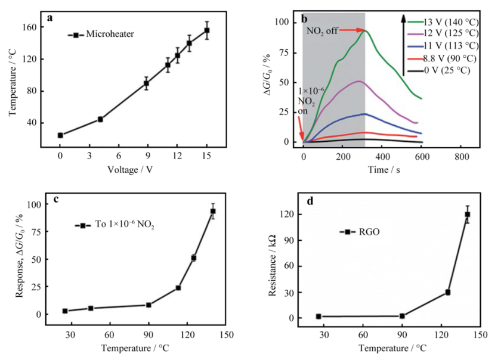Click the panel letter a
(x=50, y=17)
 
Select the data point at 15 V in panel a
(x=207, y=30)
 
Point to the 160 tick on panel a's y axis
(x=33, y=27)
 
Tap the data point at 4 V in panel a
(x=100, y=119)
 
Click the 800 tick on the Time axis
(x=461, y=156)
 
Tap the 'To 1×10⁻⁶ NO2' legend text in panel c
(x=122, y=225)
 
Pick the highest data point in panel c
(x=213, y=212)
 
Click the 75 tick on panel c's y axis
(x=39, y=232)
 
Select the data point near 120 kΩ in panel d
(x=468, y=215)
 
